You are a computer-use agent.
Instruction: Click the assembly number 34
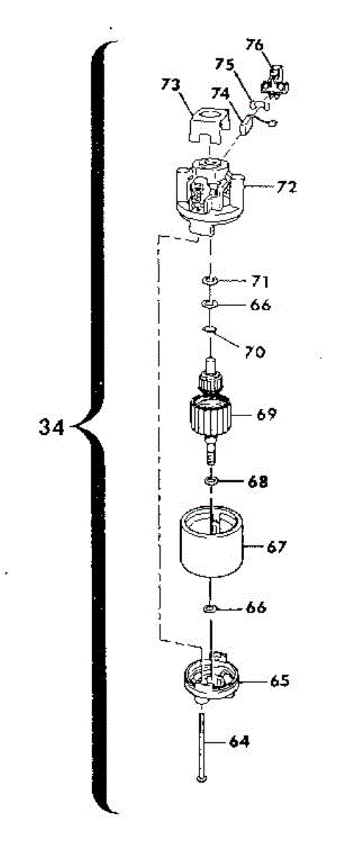click(51, 428)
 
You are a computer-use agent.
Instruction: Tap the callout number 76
click(254, 45)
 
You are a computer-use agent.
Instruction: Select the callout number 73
click(171, 85)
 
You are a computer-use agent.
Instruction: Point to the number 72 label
click(287, 187)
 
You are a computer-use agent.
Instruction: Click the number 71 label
click(260, 282)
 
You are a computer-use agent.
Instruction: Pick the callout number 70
click(255, 352)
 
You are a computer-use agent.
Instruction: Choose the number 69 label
click(266, 414)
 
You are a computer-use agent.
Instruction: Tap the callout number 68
click(258, 482)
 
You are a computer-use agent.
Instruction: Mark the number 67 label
click(276, 546)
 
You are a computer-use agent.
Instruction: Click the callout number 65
click(280, 681)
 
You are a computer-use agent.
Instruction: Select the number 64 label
click(239, 742)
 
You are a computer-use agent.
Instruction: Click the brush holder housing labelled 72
click(210, 196)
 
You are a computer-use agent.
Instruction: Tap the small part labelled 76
click(276, 81)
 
